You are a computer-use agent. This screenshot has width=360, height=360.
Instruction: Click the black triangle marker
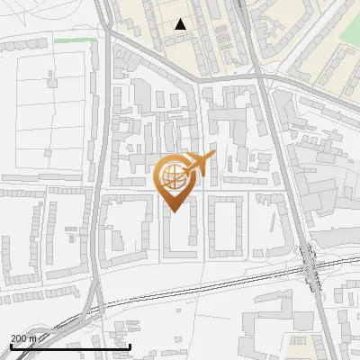point(181,24)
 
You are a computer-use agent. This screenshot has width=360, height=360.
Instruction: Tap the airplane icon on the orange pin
point(198,165)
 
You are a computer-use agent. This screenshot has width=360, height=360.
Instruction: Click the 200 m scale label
point(23,338)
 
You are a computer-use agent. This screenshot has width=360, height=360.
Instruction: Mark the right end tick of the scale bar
point(130,346)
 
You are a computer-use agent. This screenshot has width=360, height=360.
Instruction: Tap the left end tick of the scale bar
point(11,346)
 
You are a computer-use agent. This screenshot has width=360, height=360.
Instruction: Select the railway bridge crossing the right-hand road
point(311,265)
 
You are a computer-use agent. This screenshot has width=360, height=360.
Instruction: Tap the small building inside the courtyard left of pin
point(117,240)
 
